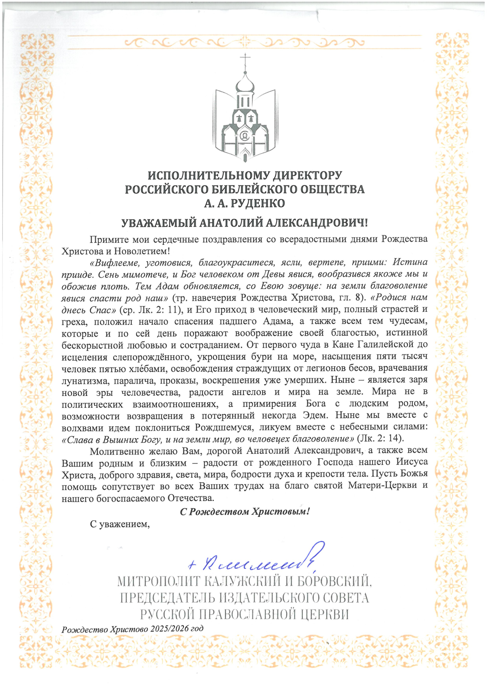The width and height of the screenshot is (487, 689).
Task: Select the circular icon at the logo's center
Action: pos(245,136)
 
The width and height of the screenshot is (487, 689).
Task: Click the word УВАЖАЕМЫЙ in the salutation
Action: pos(159,223)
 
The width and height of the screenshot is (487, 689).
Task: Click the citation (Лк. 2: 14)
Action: pos(380,438)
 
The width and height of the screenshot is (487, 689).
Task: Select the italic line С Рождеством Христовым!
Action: pos(245,512)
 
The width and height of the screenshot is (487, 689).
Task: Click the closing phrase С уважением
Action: pos(120,524)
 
